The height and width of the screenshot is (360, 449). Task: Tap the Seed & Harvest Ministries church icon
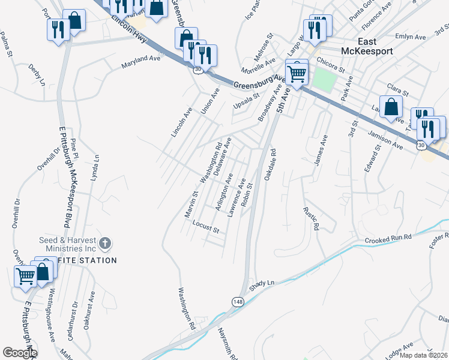coord(104,243)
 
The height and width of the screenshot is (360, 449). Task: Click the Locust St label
coord(206,226)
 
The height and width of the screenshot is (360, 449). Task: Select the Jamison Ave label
coord(386,142)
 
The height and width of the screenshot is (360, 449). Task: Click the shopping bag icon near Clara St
coord(391,107)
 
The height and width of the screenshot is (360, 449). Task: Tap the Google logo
coord(20,353)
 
